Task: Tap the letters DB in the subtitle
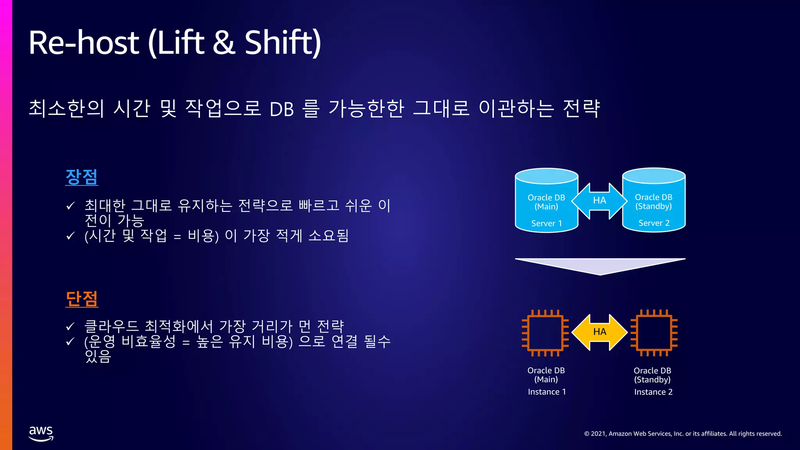(281, 109)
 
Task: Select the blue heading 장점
(82, 177)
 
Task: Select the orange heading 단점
(82, 299)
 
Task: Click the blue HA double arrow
(600, 201)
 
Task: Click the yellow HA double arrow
(600, 332)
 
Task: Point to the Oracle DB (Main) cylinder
(546, 200)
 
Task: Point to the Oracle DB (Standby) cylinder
(654, 200)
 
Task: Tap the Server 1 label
(546, 223)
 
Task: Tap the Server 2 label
(654, 223)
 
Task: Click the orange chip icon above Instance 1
(545, 333)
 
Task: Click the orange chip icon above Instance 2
(654, 333)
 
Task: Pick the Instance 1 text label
(546, 392)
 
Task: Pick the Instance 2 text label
(653, 392)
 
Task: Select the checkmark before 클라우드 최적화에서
(70, 327)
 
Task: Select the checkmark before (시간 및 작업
(70, 236)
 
